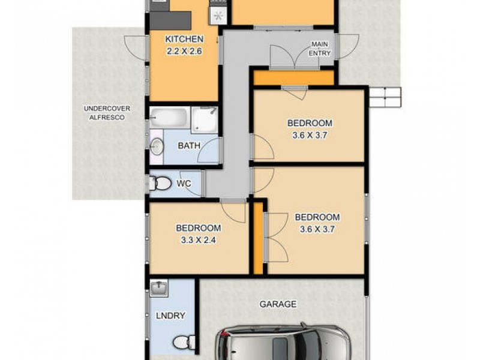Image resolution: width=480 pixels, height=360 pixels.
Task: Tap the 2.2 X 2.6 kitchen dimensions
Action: [184, 52]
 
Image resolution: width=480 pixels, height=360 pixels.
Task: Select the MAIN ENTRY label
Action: [320, 49]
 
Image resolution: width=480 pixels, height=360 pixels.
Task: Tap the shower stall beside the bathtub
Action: [204, 119]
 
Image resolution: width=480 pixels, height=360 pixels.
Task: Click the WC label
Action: [184, 184]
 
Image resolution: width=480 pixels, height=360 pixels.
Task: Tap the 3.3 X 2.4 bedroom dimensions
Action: [198, 239]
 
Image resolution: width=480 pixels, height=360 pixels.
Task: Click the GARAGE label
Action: [278, 304]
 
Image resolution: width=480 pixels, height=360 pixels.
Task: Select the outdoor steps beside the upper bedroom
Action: [383, 97]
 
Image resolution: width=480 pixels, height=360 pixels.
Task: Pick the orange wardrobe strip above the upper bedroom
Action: [293, 78]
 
